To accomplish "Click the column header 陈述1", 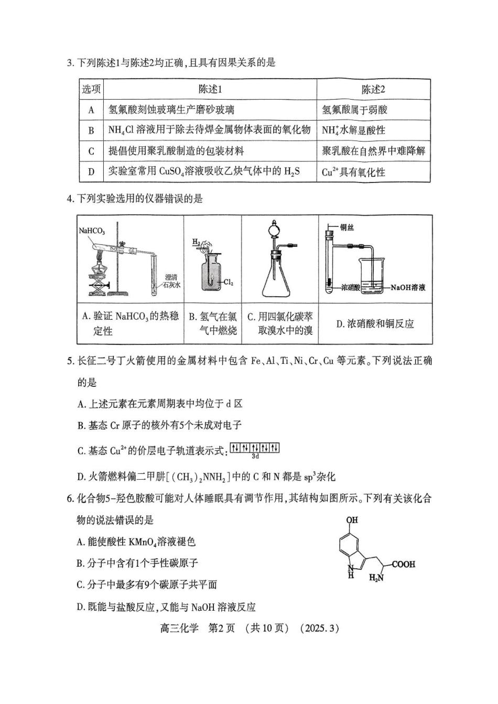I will [x=210, y=89].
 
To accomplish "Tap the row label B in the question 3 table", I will [x=91, y=131].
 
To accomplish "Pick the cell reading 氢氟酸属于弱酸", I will [x=354, y=110].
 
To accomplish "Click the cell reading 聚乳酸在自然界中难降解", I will [x=373, y=151].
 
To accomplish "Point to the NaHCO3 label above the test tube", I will [x=92, y=231].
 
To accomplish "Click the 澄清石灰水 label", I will [x=171, y=281].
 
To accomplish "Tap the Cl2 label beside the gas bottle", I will [x=229, y=282].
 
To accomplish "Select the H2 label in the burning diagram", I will [x=196, y=242].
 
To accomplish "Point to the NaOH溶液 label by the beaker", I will [x=407, y=287].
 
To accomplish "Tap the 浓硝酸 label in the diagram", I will [x=350, y=287].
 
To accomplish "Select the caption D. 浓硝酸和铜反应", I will [x=375, y=324].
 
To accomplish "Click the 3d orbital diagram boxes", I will [x=255, y=448].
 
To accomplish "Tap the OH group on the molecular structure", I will [x=352, y=520].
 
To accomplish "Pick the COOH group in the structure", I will [x=403, y=565].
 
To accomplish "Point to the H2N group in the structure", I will [x=376, y=578].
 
